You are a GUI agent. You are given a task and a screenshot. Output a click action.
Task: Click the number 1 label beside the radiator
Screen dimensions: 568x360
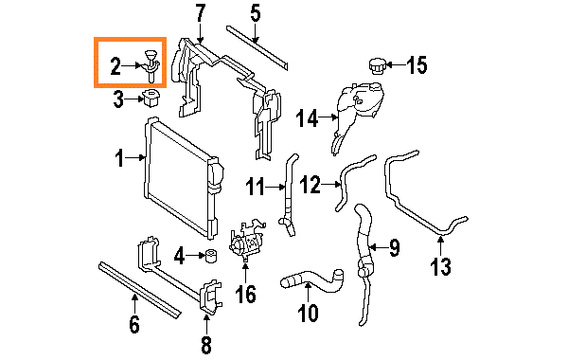119,158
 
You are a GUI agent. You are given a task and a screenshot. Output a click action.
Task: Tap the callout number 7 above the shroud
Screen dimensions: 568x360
200,13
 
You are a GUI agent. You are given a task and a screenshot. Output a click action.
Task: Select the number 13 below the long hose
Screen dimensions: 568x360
441,266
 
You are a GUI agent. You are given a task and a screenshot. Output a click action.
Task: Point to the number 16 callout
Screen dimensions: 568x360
245,294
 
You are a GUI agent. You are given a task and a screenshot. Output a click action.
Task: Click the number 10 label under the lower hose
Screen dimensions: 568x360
308,312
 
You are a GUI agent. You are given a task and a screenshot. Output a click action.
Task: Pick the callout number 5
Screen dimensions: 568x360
256,13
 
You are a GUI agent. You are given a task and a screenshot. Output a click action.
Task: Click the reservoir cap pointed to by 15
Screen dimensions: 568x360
377,66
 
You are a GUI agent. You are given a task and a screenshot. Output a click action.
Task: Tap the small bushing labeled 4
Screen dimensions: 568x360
211,255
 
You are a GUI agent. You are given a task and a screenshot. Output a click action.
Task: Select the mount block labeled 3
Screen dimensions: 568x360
152,98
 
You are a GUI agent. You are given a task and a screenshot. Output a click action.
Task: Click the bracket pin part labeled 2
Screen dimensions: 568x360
151,65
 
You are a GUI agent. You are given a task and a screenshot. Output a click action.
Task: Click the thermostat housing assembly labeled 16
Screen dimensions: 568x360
246,239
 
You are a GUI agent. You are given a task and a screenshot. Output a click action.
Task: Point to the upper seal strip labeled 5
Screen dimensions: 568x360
257,47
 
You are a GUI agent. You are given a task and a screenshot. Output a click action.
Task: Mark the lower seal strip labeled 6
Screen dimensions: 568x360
139,291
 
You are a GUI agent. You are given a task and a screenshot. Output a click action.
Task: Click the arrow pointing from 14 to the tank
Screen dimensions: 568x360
328,117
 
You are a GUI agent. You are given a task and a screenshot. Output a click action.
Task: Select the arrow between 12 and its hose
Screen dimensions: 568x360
331,185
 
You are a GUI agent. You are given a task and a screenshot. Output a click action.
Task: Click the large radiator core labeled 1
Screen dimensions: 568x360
181,178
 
